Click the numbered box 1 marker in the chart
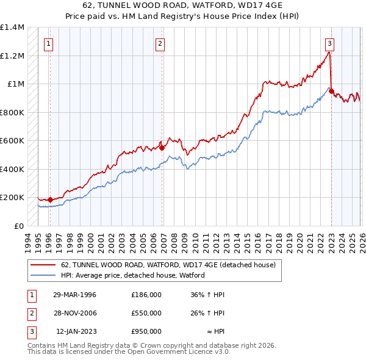(x=48, y=43)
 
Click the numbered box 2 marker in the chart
(x=159, y=43)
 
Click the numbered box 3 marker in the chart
(x=329, y=43)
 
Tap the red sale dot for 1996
(x=50, y=200)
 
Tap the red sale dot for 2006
(x=162, y=148)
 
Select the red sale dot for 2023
(x=331, y=92)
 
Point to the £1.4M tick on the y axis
(x=12, y=27)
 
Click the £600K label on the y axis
(x=12, y=141)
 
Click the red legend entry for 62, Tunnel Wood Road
(x=168, y=265)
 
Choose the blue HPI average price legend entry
(x=132, y=276)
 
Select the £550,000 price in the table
(x=146, y=313)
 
